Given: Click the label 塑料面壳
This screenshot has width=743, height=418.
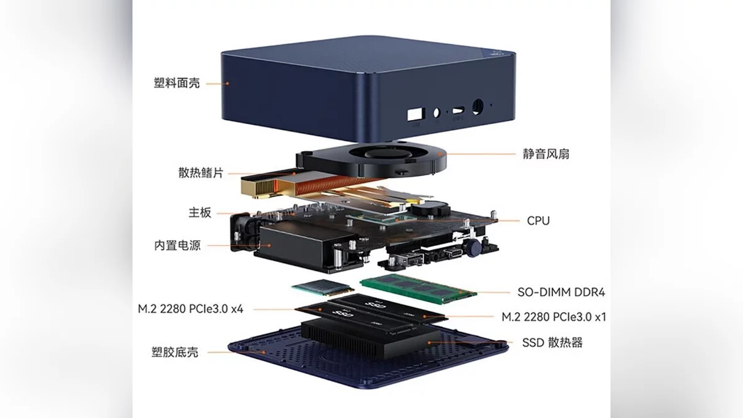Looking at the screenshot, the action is click(177, 83).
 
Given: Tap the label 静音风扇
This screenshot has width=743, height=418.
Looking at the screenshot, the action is click(546, 154).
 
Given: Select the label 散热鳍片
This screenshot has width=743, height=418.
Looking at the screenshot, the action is click(201, 173).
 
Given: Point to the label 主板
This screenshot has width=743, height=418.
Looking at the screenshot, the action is click(199, 212).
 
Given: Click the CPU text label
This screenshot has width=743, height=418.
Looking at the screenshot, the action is click(538, 220).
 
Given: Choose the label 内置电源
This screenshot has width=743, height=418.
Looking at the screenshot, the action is click(178, 245).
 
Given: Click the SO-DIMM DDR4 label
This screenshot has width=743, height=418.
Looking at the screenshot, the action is click(561, 292).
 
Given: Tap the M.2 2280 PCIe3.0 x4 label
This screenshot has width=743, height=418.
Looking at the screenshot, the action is click(191, 309).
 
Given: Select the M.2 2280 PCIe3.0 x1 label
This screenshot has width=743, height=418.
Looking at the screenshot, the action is click(554, 317).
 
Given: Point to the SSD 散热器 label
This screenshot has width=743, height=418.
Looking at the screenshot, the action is click(552, 342).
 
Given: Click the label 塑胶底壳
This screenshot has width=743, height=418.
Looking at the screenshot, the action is click(175, 352).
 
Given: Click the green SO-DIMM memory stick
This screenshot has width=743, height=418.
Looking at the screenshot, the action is click(419, 288).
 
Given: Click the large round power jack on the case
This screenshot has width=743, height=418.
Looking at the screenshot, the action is click(477, 107).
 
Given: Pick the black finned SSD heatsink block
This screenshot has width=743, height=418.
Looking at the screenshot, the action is click(370, 339).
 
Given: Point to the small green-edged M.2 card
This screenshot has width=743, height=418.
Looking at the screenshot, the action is click(323, 287).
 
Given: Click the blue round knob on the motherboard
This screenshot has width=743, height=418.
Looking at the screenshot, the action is click(473, 247).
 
